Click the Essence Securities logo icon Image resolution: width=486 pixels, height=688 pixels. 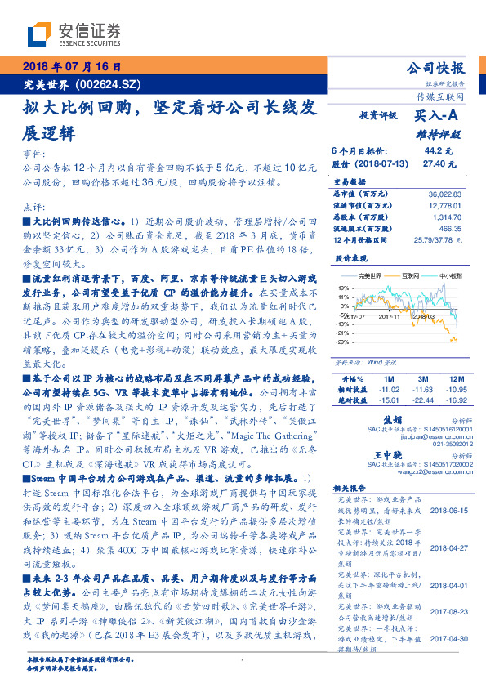(38, 35)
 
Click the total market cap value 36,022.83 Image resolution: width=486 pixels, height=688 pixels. (444, 194)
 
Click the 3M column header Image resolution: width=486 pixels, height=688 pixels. (421, 380)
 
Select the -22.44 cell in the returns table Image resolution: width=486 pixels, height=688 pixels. (422, 400)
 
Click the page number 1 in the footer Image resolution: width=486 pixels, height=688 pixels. (243, 662)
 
